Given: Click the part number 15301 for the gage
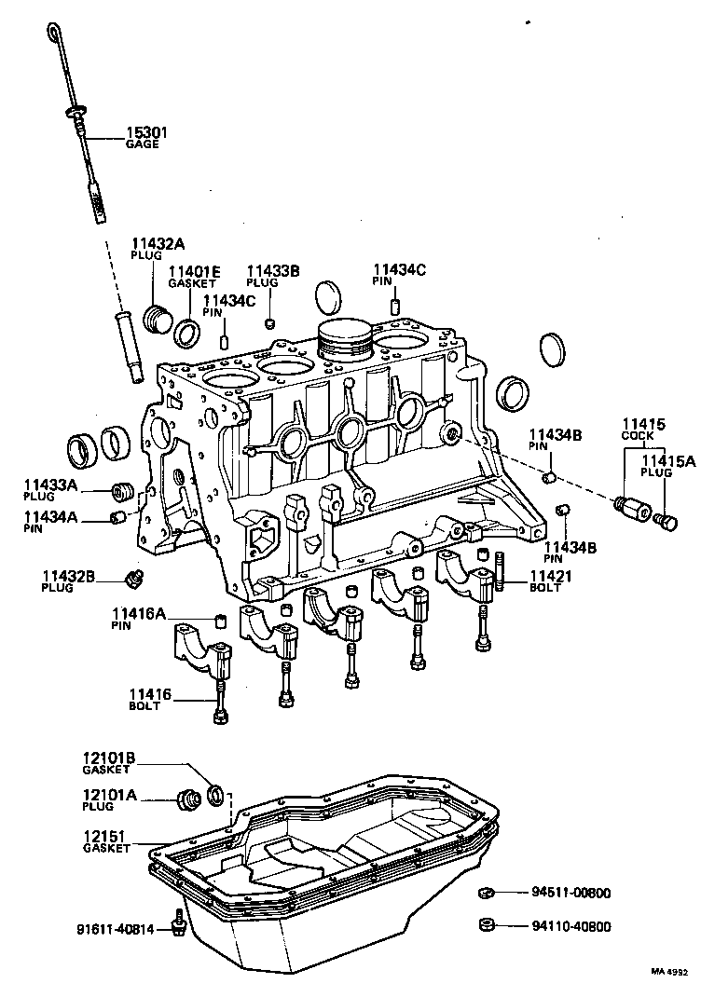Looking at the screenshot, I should pos(147,133).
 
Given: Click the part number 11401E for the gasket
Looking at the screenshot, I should pos(194,272).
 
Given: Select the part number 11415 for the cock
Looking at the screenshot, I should pos(644,424).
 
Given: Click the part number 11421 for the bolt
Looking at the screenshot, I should pos(551,577).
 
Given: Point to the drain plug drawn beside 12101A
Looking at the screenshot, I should pos(190,799).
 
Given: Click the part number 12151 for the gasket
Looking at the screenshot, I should pos(104,837).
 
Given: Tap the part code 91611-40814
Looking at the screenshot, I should pos(117,928).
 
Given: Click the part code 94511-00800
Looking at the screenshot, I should pos(570,893).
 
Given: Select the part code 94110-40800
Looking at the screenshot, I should pos(570,927).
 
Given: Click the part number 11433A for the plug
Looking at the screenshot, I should pos(51,485).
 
